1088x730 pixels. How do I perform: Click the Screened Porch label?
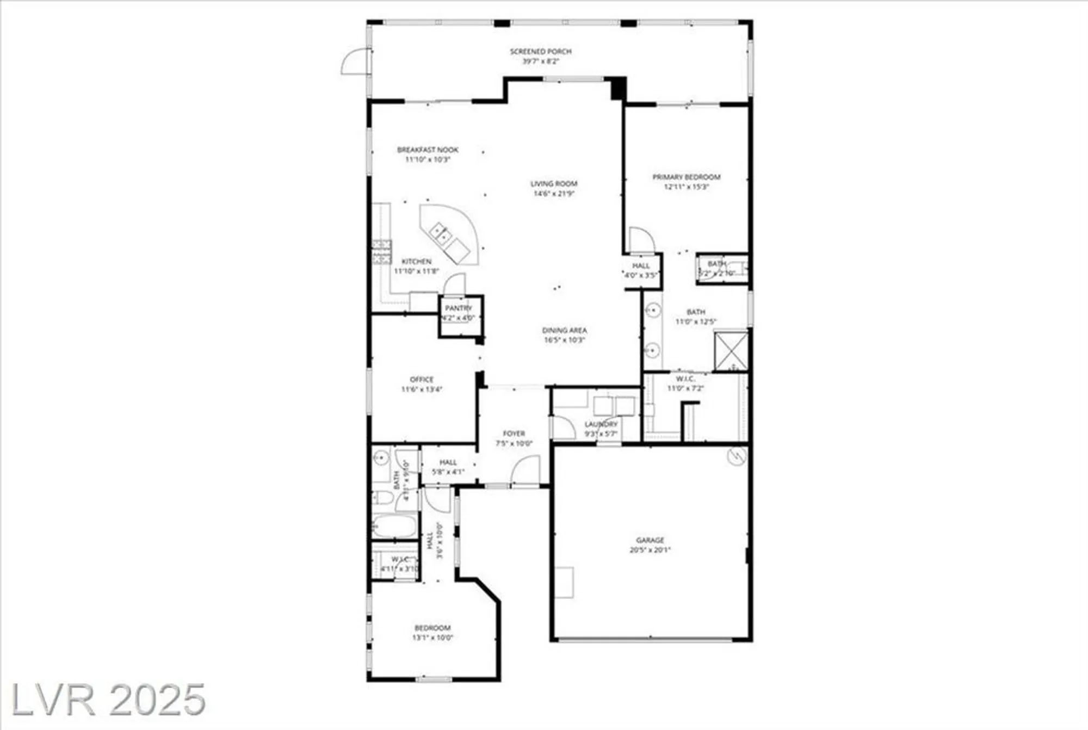point(540,52)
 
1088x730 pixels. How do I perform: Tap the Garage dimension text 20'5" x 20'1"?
point(650,550)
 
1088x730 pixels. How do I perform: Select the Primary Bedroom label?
point(686,177)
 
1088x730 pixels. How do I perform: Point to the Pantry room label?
point(459,308)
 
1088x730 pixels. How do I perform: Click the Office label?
point(422,379)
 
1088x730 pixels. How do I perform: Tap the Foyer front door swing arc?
point(525,470)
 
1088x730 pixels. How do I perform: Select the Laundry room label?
point(601,424)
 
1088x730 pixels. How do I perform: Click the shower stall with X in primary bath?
point(731,351)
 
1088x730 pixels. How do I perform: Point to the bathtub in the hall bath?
point(394,527)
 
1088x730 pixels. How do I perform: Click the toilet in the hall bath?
point(383,498)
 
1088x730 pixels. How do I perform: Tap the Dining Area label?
point(564,330)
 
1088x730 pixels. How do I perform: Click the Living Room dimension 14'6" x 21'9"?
point(554,194)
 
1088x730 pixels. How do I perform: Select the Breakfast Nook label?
point(428,150)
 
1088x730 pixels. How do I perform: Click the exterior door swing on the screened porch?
point(355,61)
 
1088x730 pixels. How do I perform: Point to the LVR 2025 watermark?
point(108,700)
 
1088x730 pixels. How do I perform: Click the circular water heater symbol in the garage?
point(737,456)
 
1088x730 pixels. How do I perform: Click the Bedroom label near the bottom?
point(432,628)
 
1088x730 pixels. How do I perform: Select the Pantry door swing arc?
point(455,284)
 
